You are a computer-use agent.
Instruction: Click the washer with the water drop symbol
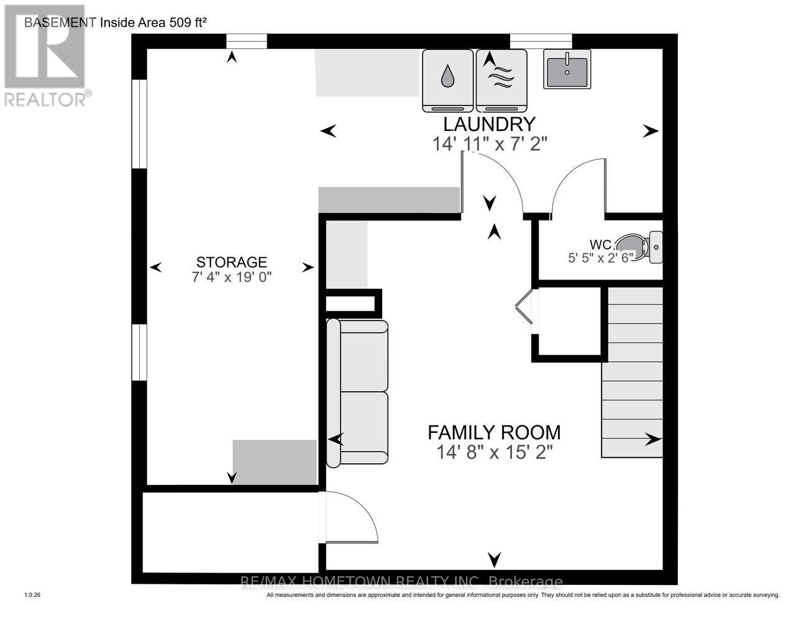click(447, 80)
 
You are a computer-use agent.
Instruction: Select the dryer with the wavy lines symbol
click(501, 80)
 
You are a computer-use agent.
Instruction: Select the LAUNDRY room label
click(488, 124)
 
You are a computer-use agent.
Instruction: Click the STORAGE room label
click(232, 262)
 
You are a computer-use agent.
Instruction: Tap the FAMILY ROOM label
click(494, 432)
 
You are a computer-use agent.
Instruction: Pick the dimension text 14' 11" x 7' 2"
click(490, 144)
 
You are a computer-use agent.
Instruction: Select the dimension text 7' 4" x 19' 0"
click(232, 278)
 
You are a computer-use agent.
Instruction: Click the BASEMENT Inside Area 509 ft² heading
click(115, 23)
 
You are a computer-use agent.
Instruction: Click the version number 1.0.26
click(32, 595)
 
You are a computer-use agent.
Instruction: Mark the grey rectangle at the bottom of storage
click(275, 462)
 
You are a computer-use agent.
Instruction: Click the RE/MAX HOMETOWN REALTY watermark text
click(401, 582)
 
